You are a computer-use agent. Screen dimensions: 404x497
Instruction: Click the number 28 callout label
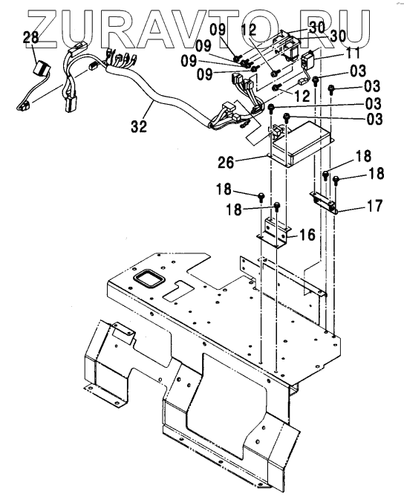tap(30, 37)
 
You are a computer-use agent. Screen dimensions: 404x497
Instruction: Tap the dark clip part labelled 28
tap(42, 68)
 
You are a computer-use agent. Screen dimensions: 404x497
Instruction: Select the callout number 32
tap(139, 126)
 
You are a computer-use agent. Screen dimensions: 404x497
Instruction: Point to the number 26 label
tap(226, 163)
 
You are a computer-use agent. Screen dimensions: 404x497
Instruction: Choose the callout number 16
tap(307, 235)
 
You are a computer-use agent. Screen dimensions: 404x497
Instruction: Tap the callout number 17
tap(374, 205)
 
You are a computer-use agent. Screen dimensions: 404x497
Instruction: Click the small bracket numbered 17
tap(324, 201)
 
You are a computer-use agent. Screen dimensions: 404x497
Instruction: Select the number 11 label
tap(353, 53)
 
